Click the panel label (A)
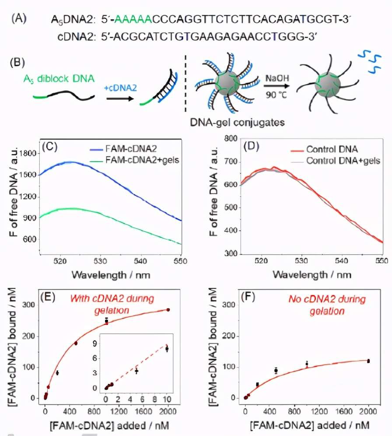pos(19,19)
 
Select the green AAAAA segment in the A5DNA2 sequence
pos(133,19)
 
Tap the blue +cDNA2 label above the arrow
pos(120,88)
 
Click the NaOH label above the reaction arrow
pos(277,78)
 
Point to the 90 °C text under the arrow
pos(276,95)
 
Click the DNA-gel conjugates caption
pos(237,122)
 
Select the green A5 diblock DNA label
pos(59,79)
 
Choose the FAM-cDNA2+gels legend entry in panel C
pos(142,160)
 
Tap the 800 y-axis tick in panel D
pos(231,138)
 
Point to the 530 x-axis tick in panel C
pos(100,261)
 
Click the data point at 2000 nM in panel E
pos(168,310)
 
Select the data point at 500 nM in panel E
pos(76,343)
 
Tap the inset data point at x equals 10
pos(167,349)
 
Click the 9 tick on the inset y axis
pos(95,343)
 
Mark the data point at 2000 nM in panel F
pos(368,361)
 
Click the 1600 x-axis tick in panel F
pos(344,411)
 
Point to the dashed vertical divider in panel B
pos(185,84)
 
